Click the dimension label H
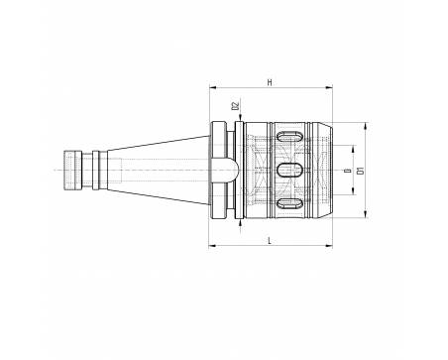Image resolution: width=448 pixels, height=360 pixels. [270, 82]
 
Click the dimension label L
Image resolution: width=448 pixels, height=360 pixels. [270, 240]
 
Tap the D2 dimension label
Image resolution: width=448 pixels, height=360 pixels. [235, 106]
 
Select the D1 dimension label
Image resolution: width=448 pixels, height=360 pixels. [361, 171]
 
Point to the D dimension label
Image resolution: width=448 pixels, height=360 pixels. [348, 171]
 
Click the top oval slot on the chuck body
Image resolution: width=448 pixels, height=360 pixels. [289, 137]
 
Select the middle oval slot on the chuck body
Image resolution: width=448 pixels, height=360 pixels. [289, 170]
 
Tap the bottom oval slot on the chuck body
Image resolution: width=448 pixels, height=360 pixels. [289, 203]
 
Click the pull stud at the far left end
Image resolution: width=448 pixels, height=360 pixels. [72, 171]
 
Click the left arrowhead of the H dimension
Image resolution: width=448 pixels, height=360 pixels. [212, 87]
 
